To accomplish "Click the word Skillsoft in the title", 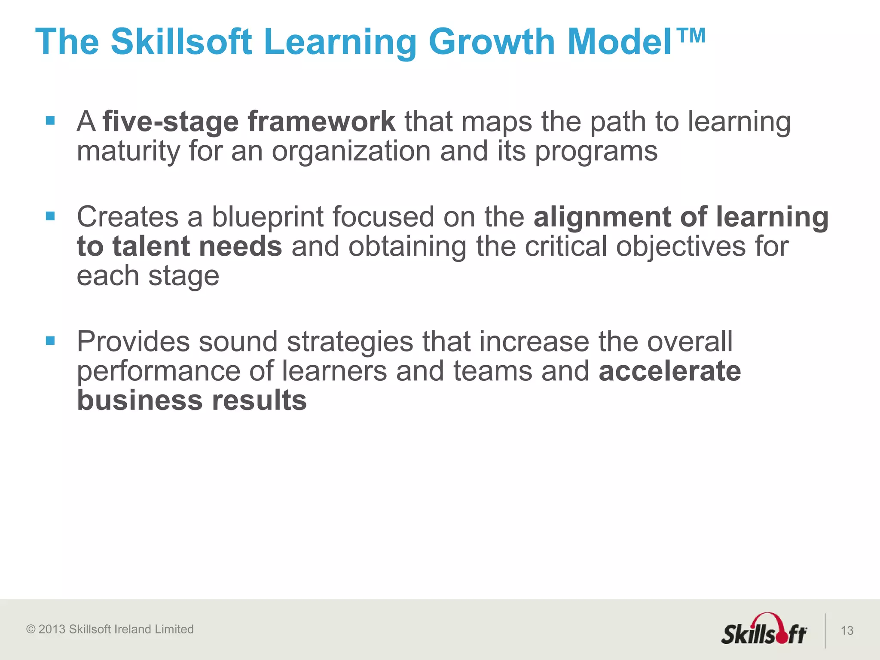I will click(x=181, y=42).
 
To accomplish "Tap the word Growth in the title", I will click(x=492, y=42).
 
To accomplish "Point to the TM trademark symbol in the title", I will click(x=690, y=36).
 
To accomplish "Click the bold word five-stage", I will click(x=171, y=122).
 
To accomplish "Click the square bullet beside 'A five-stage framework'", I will click(x=50, y=120).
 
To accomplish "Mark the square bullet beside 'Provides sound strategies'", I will click(x=50, y=341).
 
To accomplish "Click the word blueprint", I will click(x=267, y=217).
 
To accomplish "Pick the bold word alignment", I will click(x=602, y=217).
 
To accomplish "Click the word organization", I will click(x=351, y=152).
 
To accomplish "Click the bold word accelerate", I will click(x=670, y=371).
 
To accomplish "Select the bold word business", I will click(x=140, y=400).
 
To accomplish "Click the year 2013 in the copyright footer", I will click(x=52, y=629).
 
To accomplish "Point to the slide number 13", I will click(x=847, y=630).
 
